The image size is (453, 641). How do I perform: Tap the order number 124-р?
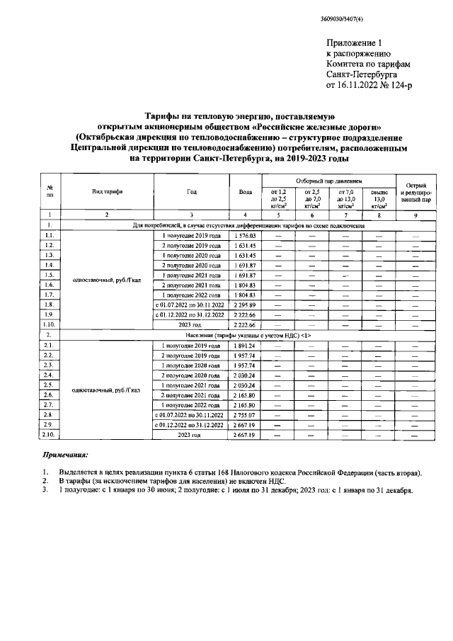coord(400,84)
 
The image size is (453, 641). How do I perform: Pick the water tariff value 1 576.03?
coord(245,234)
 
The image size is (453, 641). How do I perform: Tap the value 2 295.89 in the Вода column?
coord(245,304)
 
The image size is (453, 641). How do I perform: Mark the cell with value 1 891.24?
coord(245,344)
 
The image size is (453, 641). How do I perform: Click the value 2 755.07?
coord(245,413)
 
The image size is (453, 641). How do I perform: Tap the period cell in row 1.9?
coord(191,314)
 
